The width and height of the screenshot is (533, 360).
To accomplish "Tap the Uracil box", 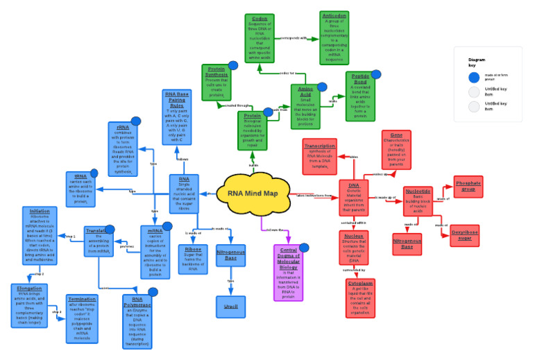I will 230,306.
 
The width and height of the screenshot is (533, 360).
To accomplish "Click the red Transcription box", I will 319,156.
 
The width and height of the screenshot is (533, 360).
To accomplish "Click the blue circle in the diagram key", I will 474,78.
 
